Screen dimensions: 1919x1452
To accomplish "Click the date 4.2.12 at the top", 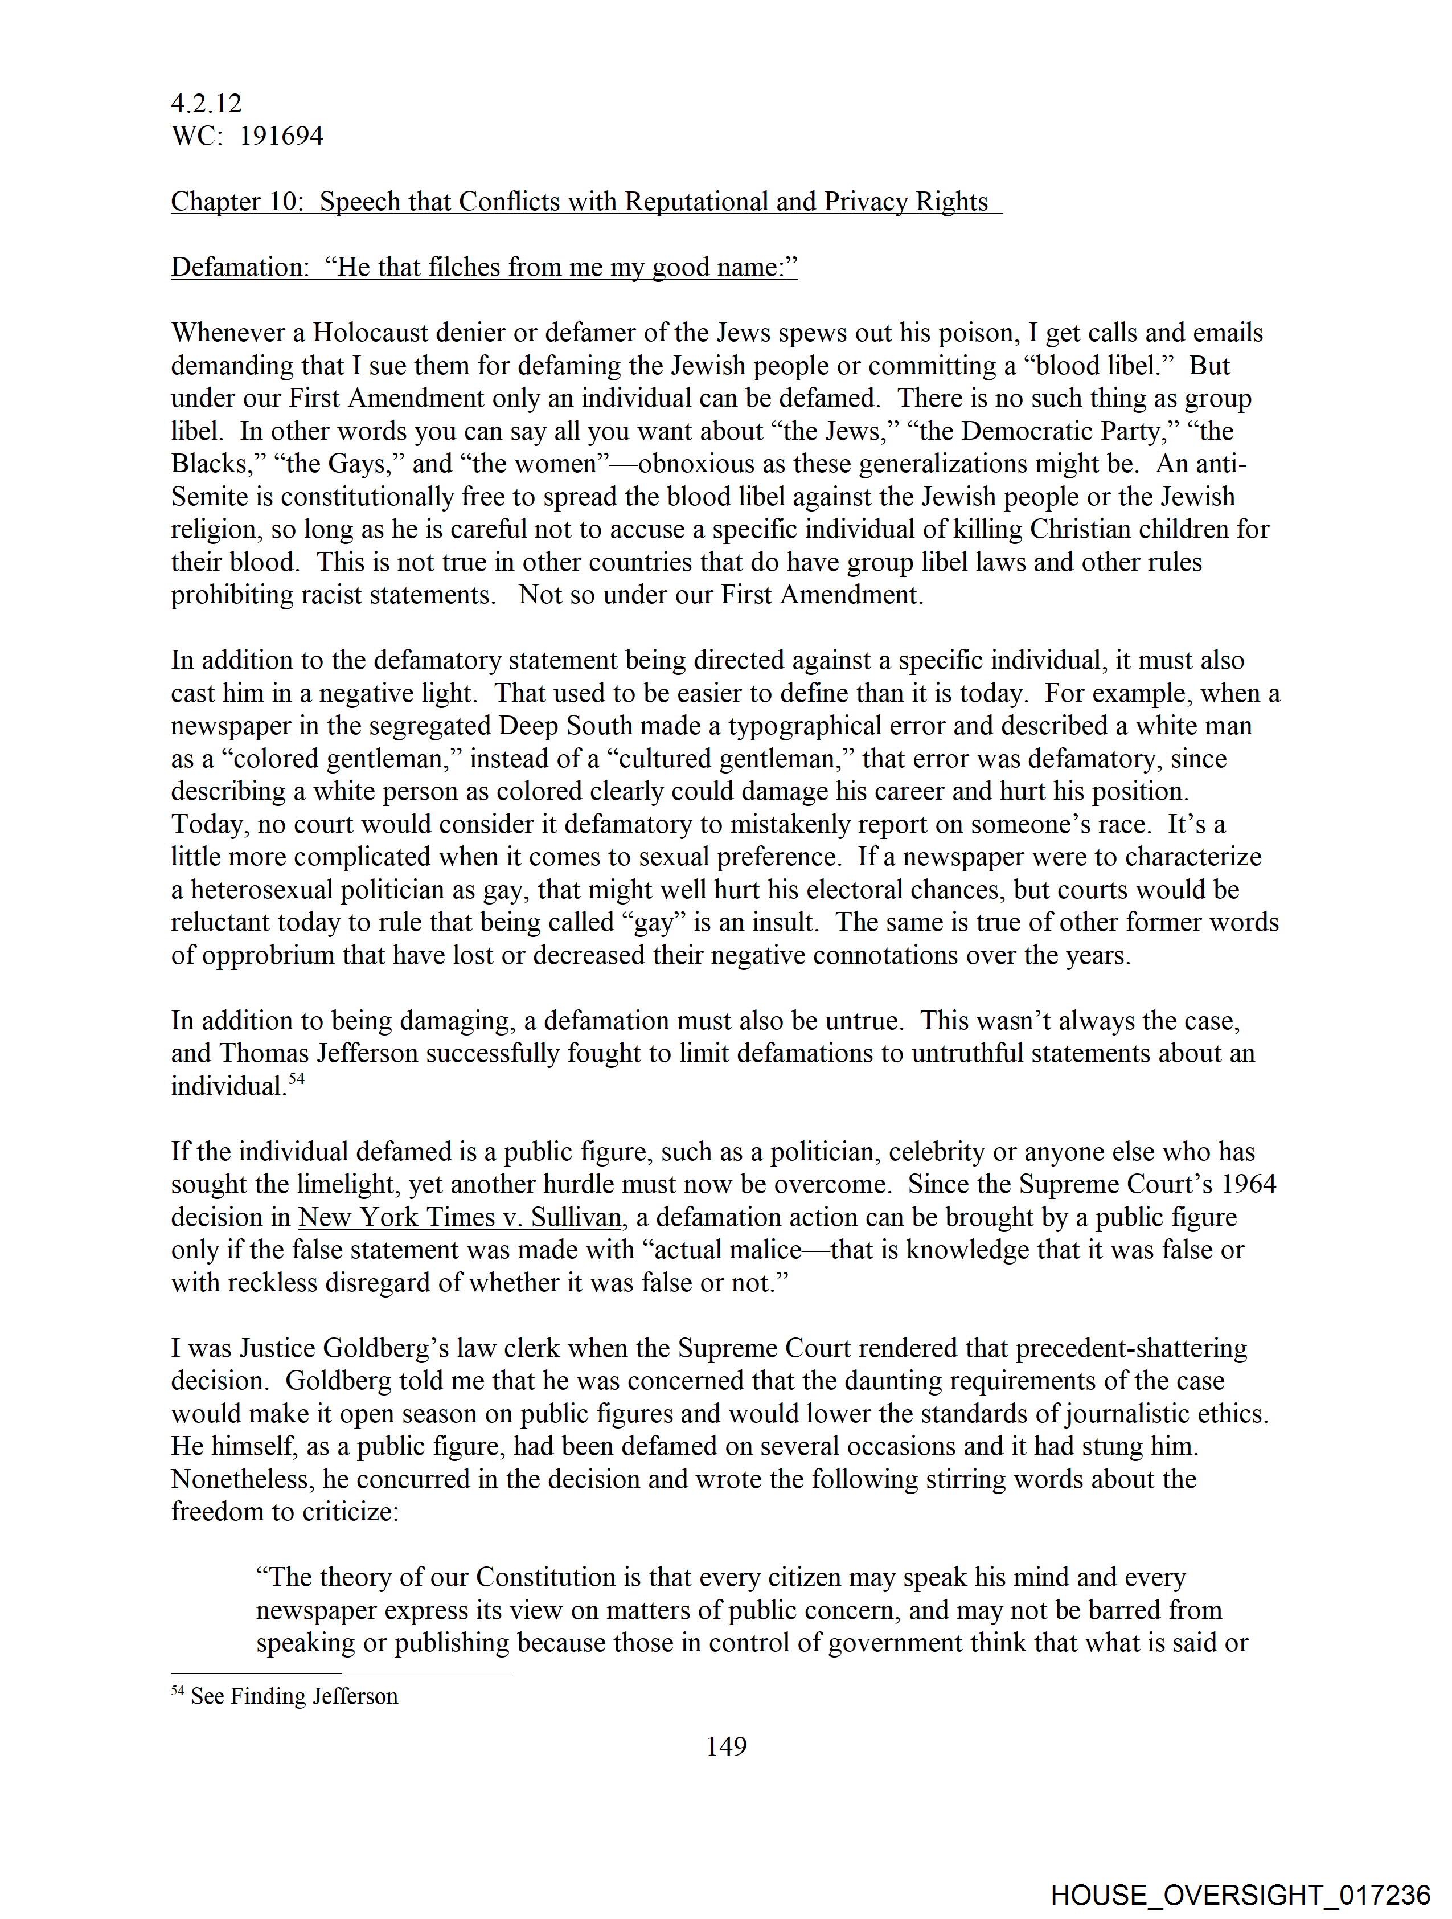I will tap(207, 103).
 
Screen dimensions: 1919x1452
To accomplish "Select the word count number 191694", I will tap(281, 136).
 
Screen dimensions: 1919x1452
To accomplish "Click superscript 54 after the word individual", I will tap(297, 1080).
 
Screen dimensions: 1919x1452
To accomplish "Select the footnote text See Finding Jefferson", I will tap(294, 1697).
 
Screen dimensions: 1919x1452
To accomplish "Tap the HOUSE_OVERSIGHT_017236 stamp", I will tap(1240, 1895).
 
